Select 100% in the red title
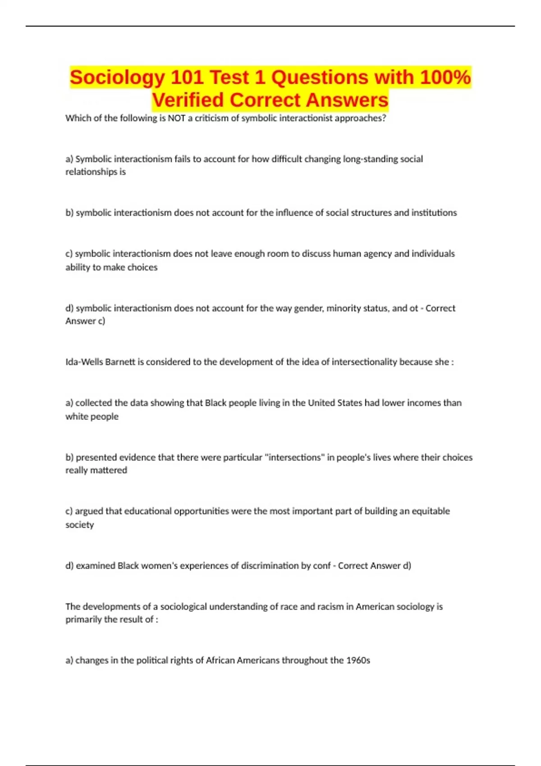pos(445,78)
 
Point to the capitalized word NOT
pos(176,118)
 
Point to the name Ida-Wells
pos(84,362)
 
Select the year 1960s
pos(358,661)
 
